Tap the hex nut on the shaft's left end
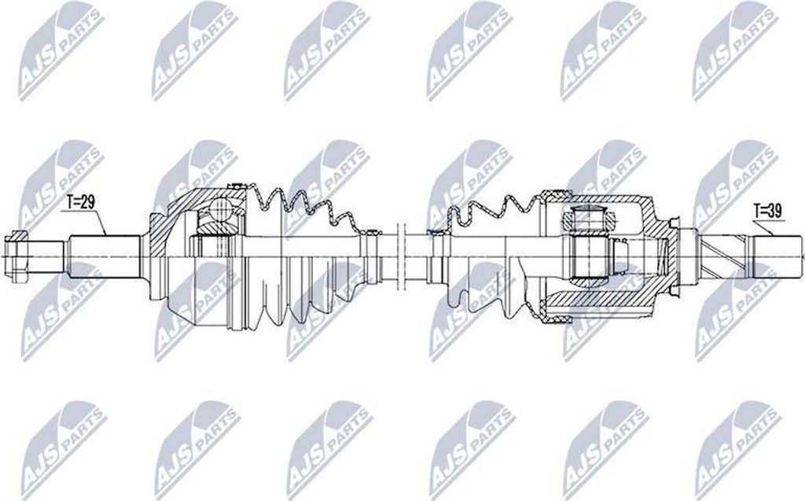tap(17, 253)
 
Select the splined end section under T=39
tap(778, 254)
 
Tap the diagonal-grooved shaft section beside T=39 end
tap(727, 254)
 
